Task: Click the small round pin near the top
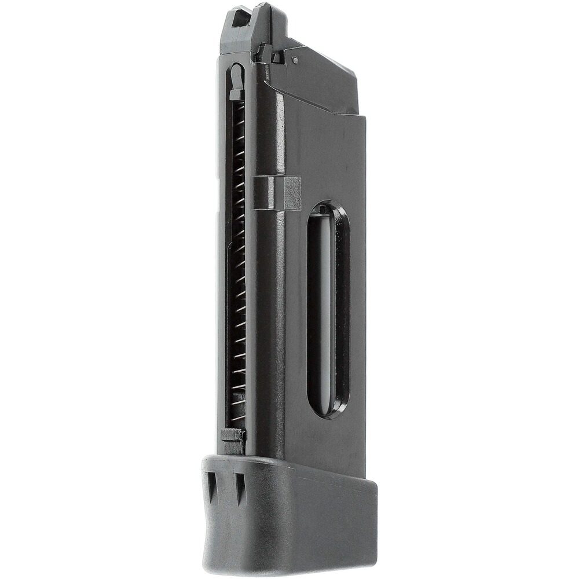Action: [x=295, y=60]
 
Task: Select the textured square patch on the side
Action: [x=292, y=193]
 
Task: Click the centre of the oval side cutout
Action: [x=328, y=309]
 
